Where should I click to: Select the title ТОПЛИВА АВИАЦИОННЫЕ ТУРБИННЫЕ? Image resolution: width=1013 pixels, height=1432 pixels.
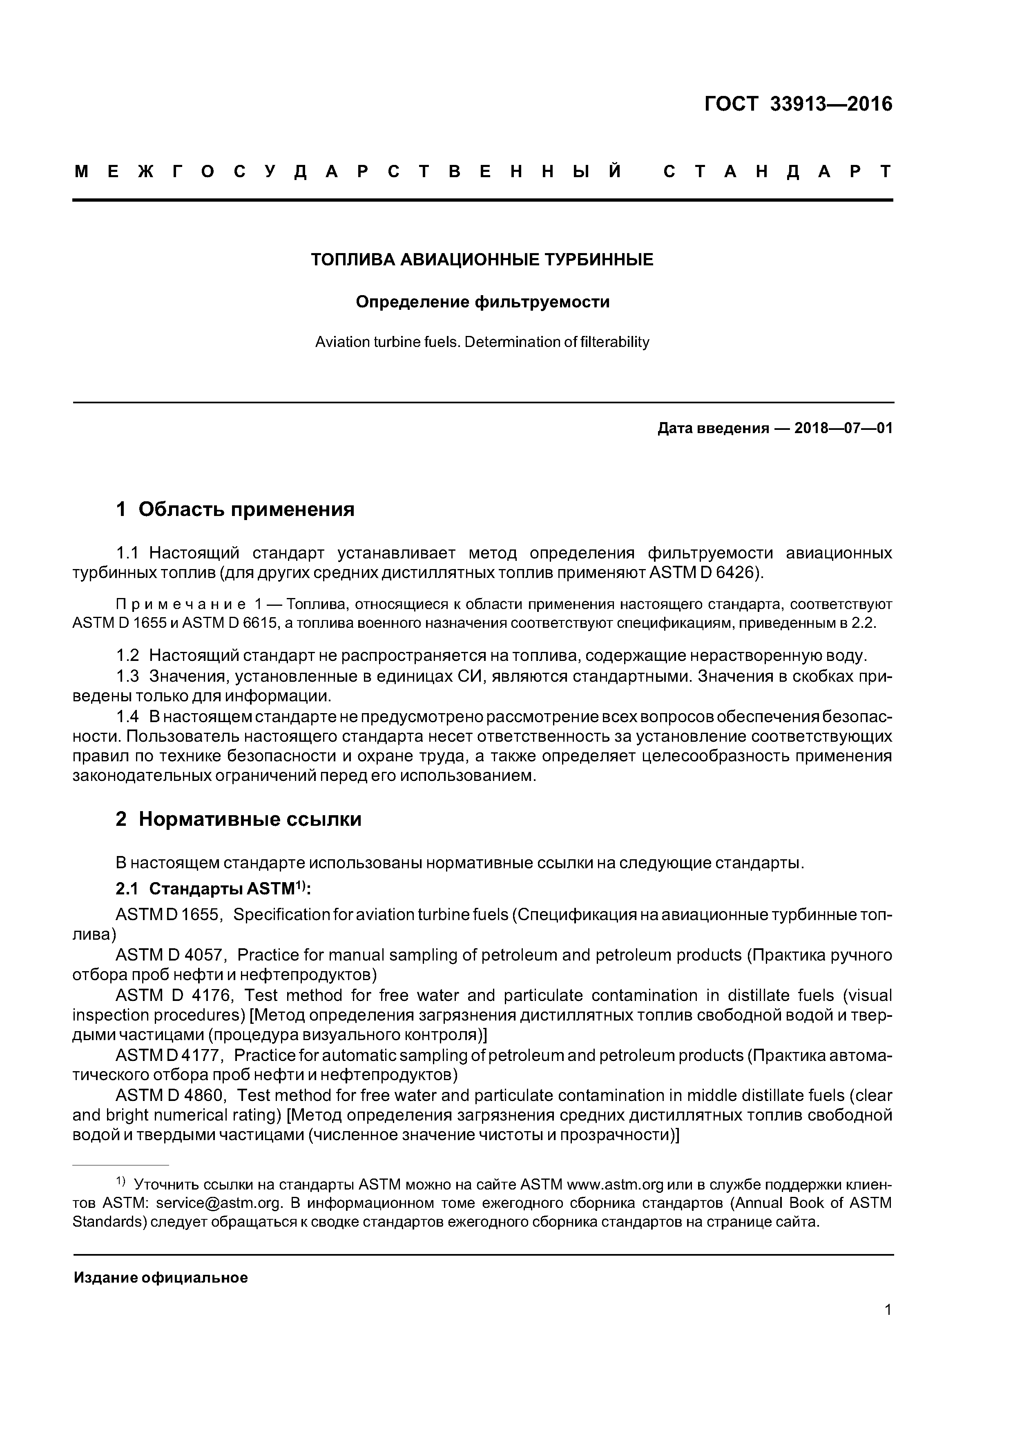(x=482, y=260)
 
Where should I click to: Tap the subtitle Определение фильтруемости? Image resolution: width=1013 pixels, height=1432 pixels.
(x=482, y=302)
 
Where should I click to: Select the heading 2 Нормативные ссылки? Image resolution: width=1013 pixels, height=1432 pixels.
(x=239, y=819)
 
